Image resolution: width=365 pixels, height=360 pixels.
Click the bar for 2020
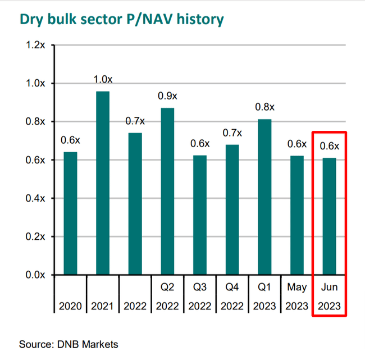(70, 213)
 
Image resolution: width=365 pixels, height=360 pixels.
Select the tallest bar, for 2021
(102, 183)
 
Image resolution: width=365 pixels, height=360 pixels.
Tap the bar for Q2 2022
(167, 191)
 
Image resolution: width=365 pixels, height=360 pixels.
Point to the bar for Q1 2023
(264, 197)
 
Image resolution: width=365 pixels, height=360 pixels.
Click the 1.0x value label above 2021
(102, 79)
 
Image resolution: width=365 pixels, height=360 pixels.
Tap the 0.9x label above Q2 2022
(167, 96)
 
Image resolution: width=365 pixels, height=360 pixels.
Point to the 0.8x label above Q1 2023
(264, 107)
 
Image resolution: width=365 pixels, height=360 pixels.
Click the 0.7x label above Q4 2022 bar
(231, 133)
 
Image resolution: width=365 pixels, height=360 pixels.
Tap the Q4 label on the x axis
(231, 288)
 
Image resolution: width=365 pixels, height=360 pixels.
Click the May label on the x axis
(296, 288)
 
